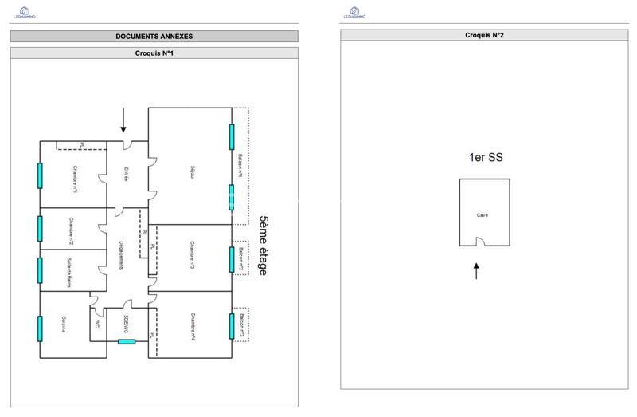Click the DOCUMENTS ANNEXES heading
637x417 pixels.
pyautogui.click(x=154, y=37)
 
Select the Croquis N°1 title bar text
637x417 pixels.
pyautogui.click(x=154, y=53)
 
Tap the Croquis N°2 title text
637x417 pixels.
pyautogui.click(x=485, y=36)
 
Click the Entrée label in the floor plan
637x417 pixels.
pyautogui.click(x=126, y=174)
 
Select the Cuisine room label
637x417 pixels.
pyautogui.click(x=64, y=324)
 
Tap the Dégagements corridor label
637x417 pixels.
pyautogui.click(x=120, y=254)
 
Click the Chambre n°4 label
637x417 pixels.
pyautogui.click(x=193, y=327)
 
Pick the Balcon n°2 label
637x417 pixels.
pyautogui.click(x=241, y=259)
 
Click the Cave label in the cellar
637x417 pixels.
pyautogui.click(x=483, y=214)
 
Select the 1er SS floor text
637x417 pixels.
pyautogui.click(x=484, y=158)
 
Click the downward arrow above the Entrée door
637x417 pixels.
pyautogui.click(x=123, y=120)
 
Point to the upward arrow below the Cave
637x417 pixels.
pyautogui.click(x=477, y=270)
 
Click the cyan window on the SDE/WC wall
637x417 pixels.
pyautogui.click(x=127, y=342)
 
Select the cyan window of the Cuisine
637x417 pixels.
pyautogui.click(x=39, y=328)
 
